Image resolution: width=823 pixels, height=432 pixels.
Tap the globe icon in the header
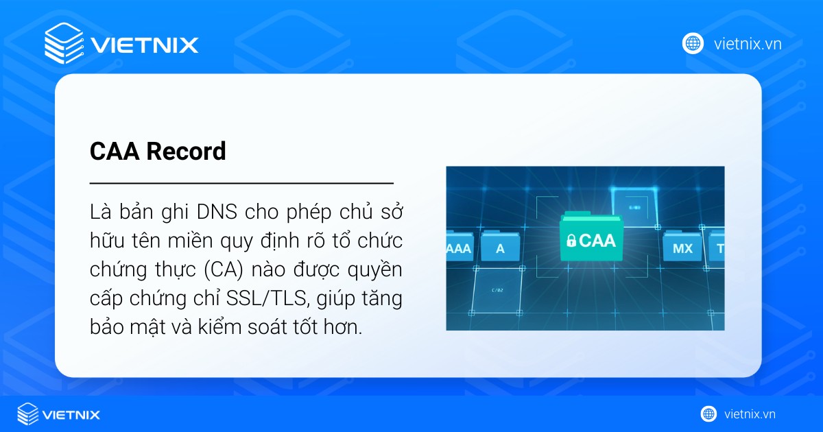(693, 43)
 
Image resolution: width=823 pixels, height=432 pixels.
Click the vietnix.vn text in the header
(748, 44)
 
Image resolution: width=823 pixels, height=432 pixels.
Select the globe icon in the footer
(708, 413)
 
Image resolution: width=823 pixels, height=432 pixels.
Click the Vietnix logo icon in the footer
(27, 414)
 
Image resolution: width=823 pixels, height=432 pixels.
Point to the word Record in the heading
(186, 152)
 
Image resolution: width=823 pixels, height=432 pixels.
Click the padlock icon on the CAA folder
(571, 241)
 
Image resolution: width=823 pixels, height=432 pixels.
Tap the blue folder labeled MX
(682, 247)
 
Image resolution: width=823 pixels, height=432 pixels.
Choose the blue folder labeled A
(500, 247)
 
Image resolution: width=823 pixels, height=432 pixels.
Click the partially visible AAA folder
(459, 247)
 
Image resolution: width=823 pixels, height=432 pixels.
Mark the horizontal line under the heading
(241, 184)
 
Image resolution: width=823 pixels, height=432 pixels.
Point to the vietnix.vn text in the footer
(750, 413)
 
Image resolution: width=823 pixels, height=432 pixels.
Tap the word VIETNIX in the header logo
(144, 45)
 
